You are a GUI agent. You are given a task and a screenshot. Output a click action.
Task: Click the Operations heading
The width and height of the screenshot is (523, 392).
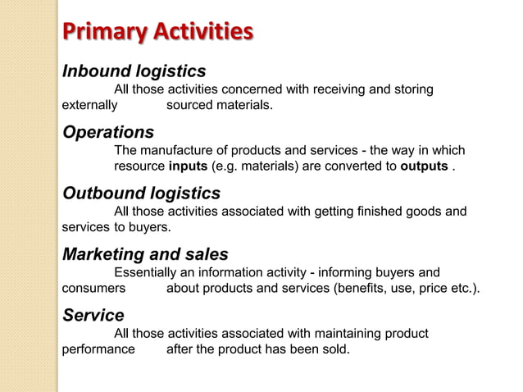(x=108, y=132)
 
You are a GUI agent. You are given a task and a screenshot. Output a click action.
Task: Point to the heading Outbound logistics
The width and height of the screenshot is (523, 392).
(x=142, y=194)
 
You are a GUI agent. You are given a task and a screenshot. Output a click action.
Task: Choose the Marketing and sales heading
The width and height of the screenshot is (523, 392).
(x=146, y=254)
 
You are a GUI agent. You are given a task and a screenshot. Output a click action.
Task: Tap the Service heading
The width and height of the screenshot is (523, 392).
(x=93, y=316)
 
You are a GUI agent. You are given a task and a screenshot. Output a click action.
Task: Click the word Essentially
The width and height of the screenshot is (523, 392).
(x=144, y=272)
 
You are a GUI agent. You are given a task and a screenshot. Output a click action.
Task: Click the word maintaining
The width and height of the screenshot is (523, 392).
(x=361, y=334)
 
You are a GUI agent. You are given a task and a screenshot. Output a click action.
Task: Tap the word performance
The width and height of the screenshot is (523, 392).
(x=98, y=351)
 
